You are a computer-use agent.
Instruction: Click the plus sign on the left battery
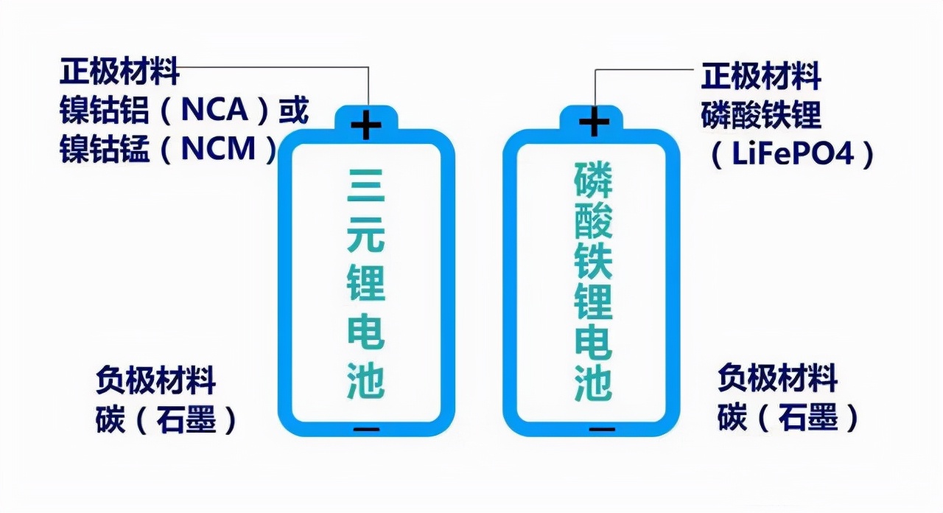(366, 125)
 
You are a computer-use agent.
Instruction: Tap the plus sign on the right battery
(594, 122)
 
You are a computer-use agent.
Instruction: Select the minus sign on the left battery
(366, 430)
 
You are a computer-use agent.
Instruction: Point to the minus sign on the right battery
(602, 430)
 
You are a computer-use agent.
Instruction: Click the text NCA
(214, 110)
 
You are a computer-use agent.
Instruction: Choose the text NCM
(218, 149)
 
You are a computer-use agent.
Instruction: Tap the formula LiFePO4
(793, 153)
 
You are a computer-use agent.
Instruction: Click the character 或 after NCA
(293, 110)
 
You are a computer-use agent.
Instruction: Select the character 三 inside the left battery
(365, 186)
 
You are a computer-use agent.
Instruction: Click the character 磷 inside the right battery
(593, 181)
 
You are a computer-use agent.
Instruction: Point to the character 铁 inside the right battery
(593, 261)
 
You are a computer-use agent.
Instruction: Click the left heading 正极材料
(119, 71)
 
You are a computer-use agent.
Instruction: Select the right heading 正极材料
(761, 75)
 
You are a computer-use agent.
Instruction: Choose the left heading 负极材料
(155, 380)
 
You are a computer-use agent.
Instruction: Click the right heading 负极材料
(777, 378)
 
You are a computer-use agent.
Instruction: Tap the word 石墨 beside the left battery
(186, 419)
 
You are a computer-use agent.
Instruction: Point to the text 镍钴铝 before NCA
(105, 110)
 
